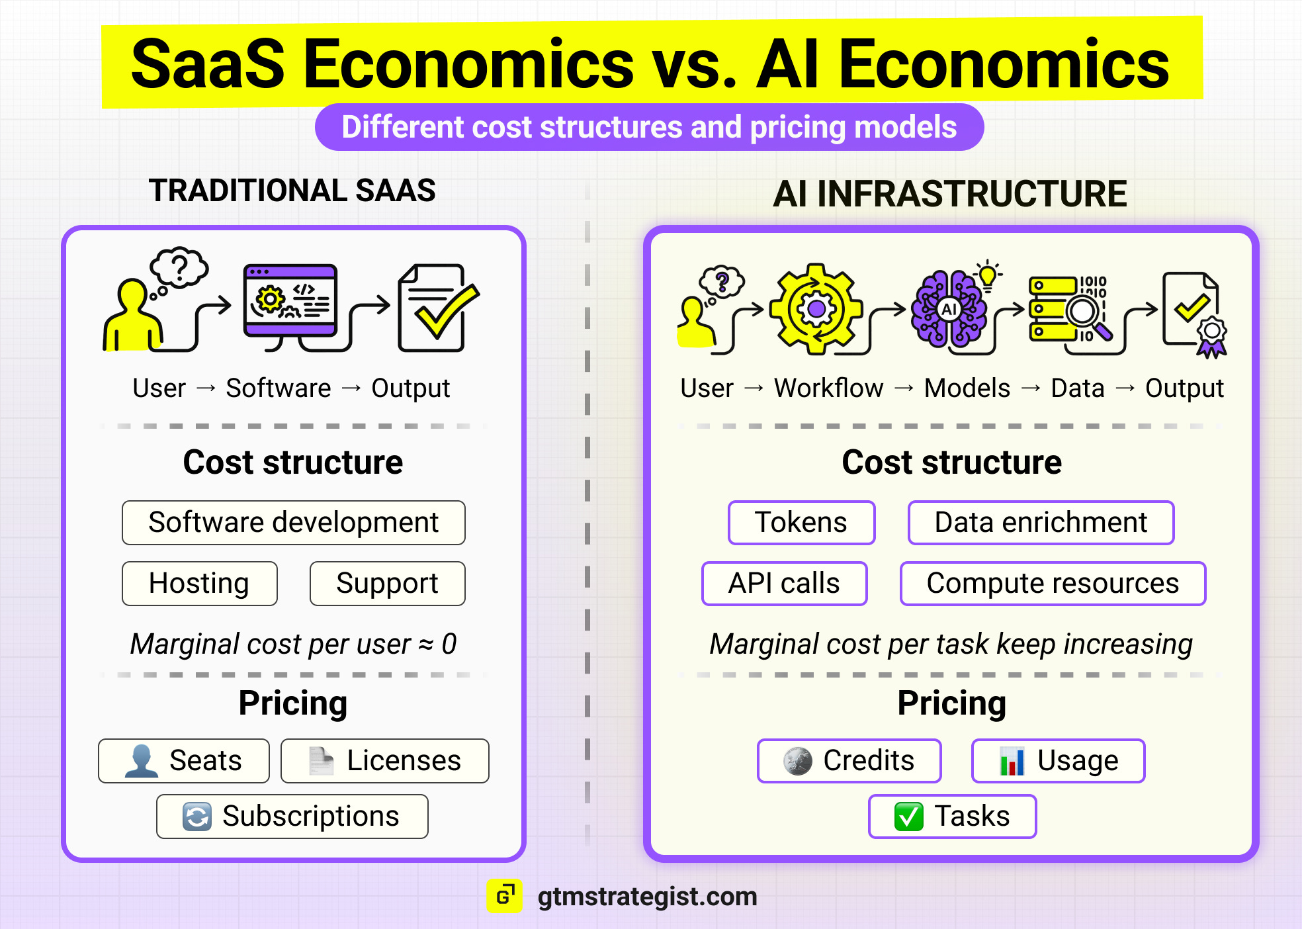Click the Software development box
pyautogui.click(x=293, y=523)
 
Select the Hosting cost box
pyautogui.click(x=199, y=584)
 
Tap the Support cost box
pyautogui.click(x=387, y=584)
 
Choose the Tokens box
pyautogui.click(x=801, y=523)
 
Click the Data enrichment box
pyautogui.click(x=1041, y=523)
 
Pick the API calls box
pyautogui.click(x=784, y=584)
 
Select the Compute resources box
pyautogui.click(x=1053, y=584)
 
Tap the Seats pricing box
pyautogui.click(x=184, y=761)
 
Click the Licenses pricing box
pyautogui.click(x=384, y=761)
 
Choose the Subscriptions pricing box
pyautogui.click(x=292, y=817)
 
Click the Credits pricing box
pyautogui.click(x=849, y=761)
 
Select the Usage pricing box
pyautogui.click(x=1058, y=761)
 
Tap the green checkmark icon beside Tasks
pyautogui.click(x=908, y=817)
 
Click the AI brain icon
pyautogui.click(x=949, y=309)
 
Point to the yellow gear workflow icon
pyautogui.click(x=816, y=308)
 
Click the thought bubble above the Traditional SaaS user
pyautogui.click(x=179, y=267)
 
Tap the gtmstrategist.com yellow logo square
pyautogui.click(x=504, y=896)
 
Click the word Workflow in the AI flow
pyautogui.click(x=828, y=388)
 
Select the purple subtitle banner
pyautogui.click(x=649, y=127)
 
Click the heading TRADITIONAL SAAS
pyautogui.click(x=292, y=191)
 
